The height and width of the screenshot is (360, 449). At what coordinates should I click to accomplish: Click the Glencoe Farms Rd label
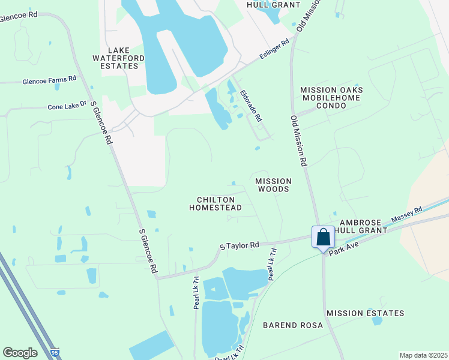pos(50,79)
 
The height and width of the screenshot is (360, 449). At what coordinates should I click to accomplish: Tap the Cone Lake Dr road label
pos(67,107)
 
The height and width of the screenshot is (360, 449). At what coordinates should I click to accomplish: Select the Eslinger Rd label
pos(275,50)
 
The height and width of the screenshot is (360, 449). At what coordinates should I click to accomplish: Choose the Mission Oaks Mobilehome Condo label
pos(332,98)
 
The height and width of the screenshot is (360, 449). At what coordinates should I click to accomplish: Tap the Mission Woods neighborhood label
pos(273,185)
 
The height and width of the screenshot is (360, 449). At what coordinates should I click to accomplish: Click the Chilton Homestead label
pos(215,203)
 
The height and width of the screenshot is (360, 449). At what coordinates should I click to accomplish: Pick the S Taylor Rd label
pos(239,245)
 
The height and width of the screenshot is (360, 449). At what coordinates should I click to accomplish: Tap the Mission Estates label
pos(365,313)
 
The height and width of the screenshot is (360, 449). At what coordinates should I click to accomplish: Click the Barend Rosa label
pos(293,325)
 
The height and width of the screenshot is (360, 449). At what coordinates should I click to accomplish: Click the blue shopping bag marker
pos(324,238)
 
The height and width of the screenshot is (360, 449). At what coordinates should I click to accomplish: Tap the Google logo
pos(20,353)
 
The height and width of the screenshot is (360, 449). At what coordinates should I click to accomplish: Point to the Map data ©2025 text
pos(423,355)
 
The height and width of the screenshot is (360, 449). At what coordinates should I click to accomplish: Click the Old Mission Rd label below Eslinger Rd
pos(300,140)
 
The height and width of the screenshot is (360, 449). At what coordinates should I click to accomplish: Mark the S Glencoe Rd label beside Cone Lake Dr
pos(101,122)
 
